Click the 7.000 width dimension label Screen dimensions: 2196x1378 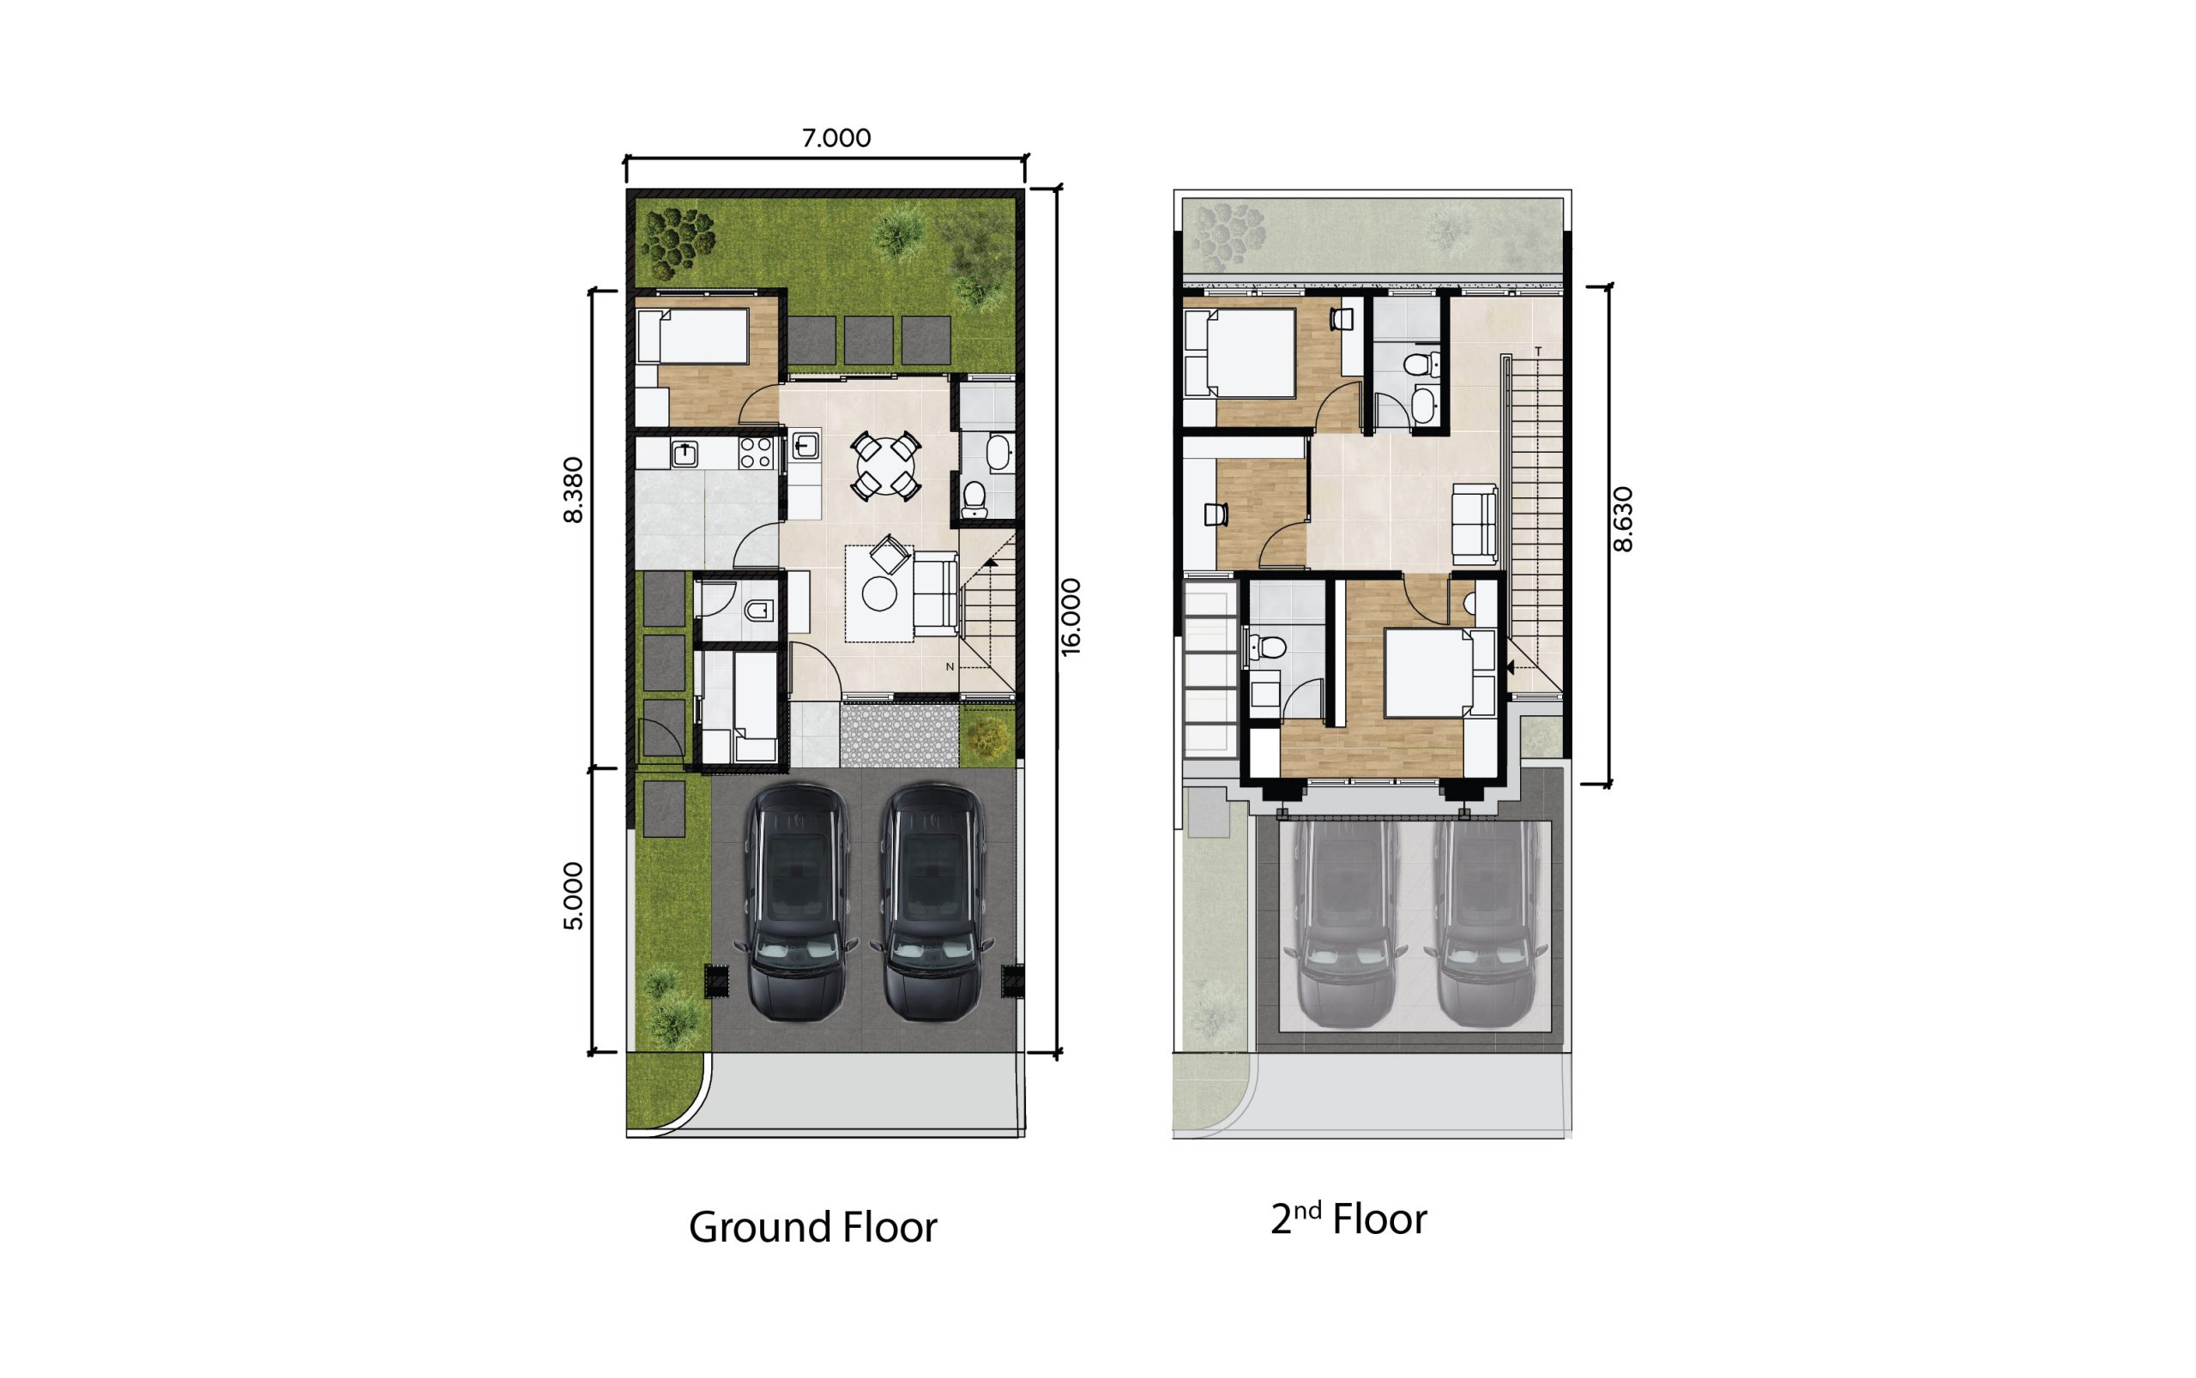835,137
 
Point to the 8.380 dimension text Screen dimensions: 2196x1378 572,490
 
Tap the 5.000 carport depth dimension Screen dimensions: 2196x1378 572,895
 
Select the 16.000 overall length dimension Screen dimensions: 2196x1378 1071,616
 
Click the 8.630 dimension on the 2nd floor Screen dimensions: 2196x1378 1623,520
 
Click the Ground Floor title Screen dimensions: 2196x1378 812,1227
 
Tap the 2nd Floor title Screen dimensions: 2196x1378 1348,1219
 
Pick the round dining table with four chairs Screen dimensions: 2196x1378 885,466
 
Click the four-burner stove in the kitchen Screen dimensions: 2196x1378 756,453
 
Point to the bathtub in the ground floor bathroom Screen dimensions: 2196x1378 998,453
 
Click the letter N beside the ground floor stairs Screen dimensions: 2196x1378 949,667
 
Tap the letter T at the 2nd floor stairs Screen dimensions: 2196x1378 1538,351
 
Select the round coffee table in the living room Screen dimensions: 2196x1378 878,594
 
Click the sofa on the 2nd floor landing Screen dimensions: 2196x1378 1474,524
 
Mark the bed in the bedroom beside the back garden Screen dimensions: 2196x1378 693,336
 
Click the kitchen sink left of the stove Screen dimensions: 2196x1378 685,453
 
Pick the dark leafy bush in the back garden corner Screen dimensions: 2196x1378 677,242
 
